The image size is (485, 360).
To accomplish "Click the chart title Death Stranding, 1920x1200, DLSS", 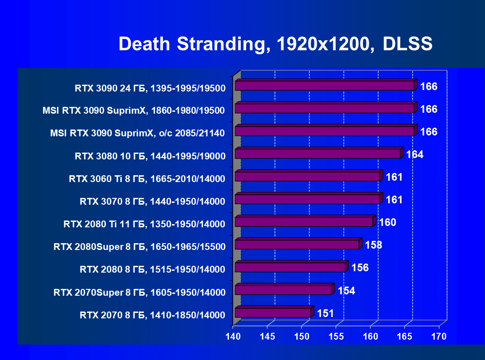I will point(276,44).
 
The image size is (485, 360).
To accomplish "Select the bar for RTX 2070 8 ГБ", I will point(273,312).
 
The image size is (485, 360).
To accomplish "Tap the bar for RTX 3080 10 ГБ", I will point(318,154).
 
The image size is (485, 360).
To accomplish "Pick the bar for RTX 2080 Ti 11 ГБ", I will point(304,222).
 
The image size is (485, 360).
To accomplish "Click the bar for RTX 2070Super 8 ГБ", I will point(283,290).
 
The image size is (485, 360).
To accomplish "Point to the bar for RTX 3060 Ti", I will point(307,177).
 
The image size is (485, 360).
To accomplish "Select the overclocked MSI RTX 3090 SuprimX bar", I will point(324,131).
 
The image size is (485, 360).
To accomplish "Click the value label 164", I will point(415,154).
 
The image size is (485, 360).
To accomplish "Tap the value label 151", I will point(325,313).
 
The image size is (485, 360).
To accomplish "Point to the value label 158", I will point(373,245).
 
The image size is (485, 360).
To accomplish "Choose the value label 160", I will point(387,222).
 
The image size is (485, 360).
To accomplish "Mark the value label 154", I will point(346,290).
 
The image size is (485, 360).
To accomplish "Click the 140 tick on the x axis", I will point(233,336).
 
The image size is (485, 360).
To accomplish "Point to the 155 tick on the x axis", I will point(336,336).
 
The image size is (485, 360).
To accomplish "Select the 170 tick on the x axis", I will point(439,336).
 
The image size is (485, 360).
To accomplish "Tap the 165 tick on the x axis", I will point(405,336).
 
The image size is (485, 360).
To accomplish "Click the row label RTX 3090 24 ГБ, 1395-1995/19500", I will point(150,88).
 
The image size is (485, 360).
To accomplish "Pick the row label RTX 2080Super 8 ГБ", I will point(139,247).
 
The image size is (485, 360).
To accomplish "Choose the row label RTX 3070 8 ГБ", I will point(152,202).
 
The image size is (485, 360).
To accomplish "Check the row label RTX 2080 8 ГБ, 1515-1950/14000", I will point(152,269).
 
